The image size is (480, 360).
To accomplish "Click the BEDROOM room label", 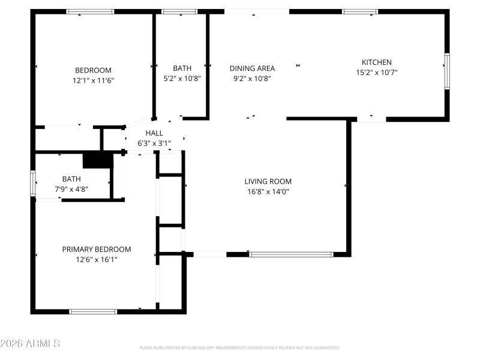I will click(x=93, y=70).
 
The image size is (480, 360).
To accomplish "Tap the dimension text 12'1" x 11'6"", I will click(x=93, y=80).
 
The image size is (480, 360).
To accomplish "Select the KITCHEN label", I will click(x=376, y=62).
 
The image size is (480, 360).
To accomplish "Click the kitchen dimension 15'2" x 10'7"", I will click(x=376, y=72).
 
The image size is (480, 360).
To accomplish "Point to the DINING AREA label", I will click(x=252, y=68).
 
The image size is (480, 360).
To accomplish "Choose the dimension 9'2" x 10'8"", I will click(x=252, y=78).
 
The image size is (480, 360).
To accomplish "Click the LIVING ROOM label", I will click(x=268, y=181).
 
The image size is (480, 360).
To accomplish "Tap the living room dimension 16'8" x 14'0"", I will click(x=268, y=191).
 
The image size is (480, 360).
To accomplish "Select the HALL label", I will click(x=154, y=133).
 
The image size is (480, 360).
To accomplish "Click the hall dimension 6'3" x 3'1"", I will click(x=154, y=143).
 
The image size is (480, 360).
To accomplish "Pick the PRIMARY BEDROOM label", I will click(x=97, y=249).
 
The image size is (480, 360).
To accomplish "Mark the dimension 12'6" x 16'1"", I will click(x=97, y=259).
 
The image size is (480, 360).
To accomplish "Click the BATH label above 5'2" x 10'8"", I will click(x=182, y=68).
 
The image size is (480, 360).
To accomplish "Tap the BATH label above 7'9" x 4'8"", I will click(x=71, y=178).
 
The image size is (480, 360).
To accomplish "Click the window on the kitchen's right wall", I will click(x=446, y=71).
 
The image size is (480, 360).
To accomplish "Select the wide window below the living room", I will click(x=291, y=254).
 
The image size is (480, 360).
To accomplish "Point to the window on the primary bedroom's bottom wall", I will click(x=93, y=311).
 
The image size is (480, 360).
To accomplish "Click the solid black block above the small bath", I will click(x=97, y=160).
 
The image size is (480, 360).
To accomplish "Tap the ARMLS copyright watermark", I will click(x=30, y=344).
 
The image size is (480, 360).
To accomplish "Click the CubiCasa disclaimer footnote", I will click(x=240, y=347).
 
